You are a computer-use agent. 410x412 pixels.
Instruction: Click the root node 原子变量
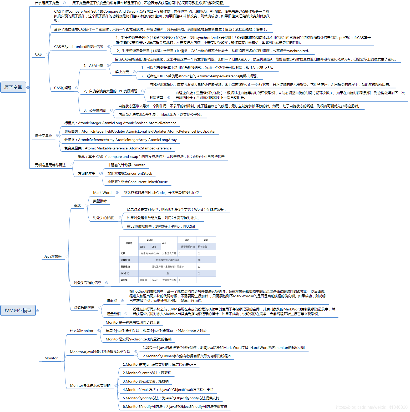[x=13, y=87]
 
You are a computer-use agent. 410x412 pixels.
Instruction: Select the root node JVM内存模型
[x=18, y=310]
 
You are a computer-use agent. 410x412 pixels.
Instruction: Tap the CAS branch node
[x=38, y=54]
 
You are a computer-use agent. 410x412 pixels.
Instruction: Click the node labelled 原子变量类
[x=44, y=135]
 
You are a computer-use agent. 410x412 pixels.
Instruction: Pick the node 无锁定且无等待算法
[x=50, y=165]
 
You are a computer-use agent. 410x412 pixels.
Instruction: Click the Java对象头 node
[x=53, y=256]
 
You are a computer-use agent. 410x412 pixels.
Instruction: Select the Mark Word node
[x=102, y=193]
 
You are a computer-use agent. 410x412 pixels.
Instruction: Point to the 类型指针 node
[x=100, y=201]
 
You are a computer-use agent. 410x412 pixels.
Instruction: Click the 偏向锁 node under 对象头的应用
[x=112, y=301]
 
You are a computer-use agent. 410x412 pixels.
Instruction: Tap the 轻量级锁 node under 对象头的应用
[x=114, y=314]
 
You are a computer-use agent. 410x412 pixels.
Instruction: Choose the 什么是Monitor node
[x=82, y=331]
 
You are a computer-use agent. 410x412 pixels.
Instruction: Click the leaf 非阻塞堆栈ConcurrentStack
[x=130, y=173]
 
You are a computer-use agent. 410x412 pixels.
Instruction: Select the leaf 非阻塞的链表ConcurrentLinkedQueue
[x=138, y=182]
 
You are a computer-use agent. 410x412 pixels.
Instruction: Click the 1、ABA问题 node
[x=93, y=66]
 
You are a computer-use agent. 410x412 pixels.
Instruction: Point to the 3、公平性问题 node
[x=95, y=110]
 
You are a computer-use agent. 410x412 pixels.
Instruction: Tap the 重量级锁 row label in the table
[x=125, y=267]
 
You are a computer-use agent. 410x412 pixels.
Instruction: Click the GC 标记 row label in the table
[x=125, y=274]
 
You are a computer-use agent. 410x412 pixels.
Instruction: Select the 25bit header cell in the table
[x=150, y=240]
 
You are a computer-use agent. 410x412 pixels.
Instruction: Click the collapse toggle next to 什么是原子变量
[x=64, y=3]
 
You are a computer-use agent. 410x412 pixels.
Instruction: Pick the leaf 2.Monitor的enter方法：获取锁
[x=147, y=373]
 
